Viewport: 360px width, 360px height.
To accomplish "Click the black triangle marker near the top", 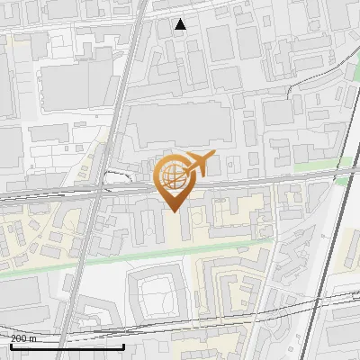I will coord(180,23).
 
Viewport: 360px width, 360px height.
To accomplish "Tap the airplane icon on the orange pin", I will coord(197,164).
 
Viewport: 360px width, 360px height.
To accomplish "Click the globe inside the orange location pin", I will coord(172,175).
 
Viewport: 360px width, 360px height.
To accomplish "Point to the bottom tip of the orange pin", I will coord(174,211).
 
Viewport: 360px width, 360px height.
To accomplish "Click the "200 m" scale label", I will coord(23,338).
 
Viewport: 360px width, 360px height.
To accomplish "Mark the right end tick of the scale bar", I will coord(124,345).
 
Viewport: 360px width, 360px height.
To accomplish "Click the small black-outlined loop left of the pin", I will coord(114,177).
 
